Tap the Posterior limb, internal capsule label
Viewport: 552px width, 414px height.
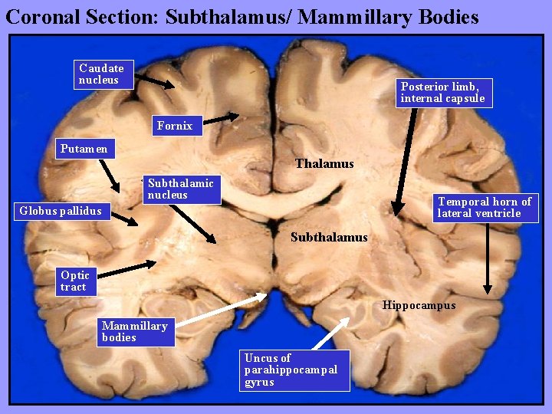coord(442,92)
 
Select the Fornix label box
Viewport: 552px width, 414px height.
coord(175,126)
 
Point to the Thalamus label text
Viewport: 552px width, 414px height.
coord(324,163)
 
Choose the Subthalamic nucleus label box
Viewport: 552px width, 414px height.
coord(182,189)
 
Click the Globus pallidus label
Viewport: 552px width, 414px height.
coord(61,211)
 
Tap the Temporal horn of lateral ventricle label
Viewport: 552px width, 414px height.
coord(485,208)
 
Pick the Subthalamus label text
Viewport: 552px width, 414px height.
coord(329,238)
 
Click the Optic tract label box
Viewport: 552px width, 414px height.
coord(75,281)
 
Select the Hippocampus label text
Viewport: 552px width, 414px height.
coord(419,305)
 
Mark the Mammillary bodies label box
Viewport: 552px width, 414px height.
coord(135,331)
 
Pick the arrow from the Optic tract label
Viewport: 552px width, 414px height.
coord(123,268)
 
